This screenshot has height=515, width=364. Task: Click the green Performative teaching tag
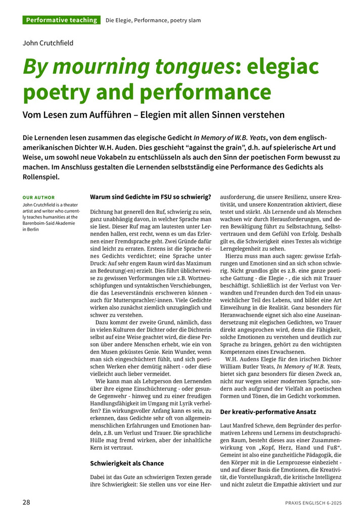(61, 20)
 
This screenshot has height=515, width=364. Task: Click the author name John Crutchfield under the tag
(48, 43)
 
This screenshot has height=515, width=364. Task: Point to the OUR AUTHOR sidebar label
(39, 197)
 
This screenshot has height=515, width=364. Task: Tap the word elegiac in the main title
(277, 66)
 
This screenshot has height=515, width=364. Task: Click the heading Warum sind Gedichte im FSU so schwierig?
(150, 197)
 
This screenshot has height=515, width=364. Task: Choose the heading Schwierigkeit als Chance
(127, 463)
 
